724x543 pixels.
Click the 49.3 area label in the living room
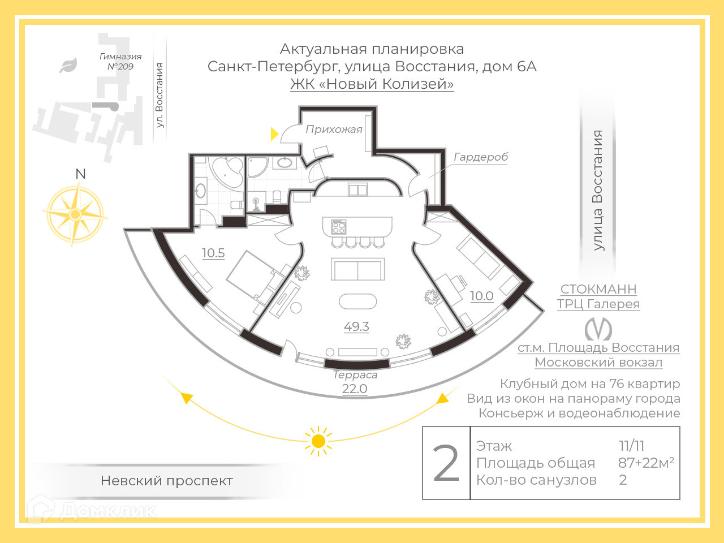(x=356, y=326)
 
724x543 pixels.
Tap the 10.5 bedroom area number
(x=213, y=253)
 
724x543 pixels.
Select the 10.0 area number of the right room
(x=481, y=296)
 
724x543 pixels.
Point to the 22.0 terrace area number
(x=355, y=389)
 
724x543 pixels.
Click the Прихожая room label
(x=334, y=130)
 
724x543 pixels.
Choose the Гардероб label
(x=481, y=157)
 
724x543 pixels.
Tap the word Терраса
(x=355, y=374)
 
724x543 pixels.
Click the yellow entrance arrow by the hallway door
(x=275, y=133)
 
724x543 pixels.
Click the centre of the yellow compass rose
(x=75, y=214)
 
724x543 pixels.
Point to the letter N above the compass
(x=80, y=174)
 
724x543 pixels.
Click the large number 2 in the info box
(x=446, y=464)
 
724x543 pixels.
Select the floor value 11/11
(x=631, y=446)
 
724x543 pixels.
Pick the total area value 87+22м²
(x=645, y=463)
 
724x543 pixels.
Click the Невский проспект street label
(x=166, y=481)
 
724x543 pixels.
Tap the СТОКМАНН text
(x=598, y=289)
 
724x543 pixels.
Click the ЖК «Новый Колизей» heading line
(x=372, y=84)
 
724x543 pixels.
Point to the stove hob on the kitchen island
(x=339, y=227)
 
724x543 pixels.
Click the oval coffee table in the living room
(x=357, y=301)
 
